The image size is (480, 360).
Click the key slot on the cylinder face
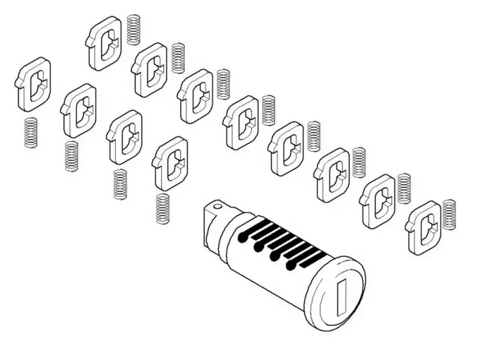click(343, 293)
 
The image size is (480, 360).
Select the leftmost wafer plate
click(33, 84)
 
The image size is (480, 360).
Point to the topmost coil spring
click(133, 29)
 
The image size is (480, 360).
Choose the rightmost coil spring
click(449, 214)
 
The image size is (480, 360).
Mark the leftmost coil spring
click(31, 133)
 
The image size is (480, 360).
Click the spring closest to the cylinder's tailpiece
click(163, 209)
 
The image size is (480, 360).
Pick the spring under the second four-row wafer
click(72, 156)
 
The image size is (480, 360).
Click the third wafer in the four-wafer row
click(125, 136)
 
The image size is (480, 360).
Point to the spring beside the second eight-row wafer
click(178, 58)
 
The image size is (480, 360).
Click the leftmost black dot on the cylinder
click(242, 238)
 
